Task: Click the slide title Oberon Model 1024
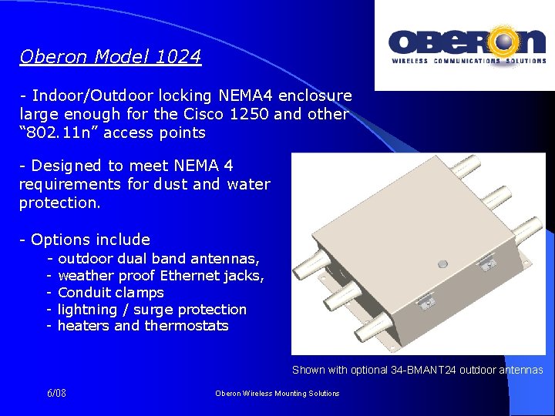pyautogui.click(x=110, y=57)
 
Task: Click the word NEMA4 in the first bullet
pyautogui.click(x=244, y=96)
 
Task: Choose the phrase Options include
pyautogui.click(x=90, y=239)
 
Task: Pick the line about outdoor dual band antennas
pyautogui.click(x=158, y=259)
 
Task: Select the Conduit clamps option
pyautogui.click(x=110, y=293)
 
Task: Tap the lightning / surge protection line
pyautogui.click(x=152, y=310)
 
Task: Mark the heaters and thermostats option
pyautogui.click(x=143, y=326)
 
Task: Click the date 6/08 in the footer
pyautogui.click(x=56, y=394)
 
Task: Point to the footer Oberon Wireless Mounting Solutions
pyautogui.click(x=277, y=394)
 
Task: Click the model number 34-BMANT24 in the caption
pyautogui.click(x=424, y=371)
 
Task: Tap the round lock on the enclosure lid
pyautogui.click(x=442, y=263)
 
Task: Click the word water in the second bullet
pyautogui.click(x=248, y=184)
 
